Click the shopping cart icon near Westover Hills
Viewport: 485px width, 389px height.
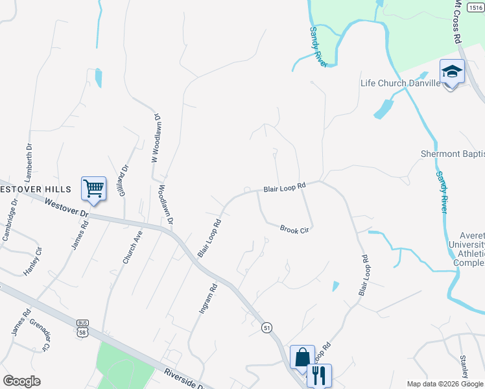(93, 189)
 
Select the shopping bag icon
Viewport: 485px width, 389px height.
(302, 357)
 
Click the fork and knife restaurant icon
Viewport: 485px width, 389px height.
(318, 375)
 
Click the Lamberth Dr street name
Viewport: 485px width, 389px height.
(28, 163)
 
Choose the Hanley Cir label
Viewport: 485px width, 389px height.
(32, 261)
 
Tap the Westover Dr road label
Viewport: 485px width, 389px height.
(66, 207)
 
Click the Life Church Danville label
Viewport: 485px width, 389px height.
(400, 83)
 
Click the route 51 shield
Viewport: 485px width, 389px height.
(267, 329)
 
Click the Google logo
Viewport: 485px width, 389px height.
(21, 381)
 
